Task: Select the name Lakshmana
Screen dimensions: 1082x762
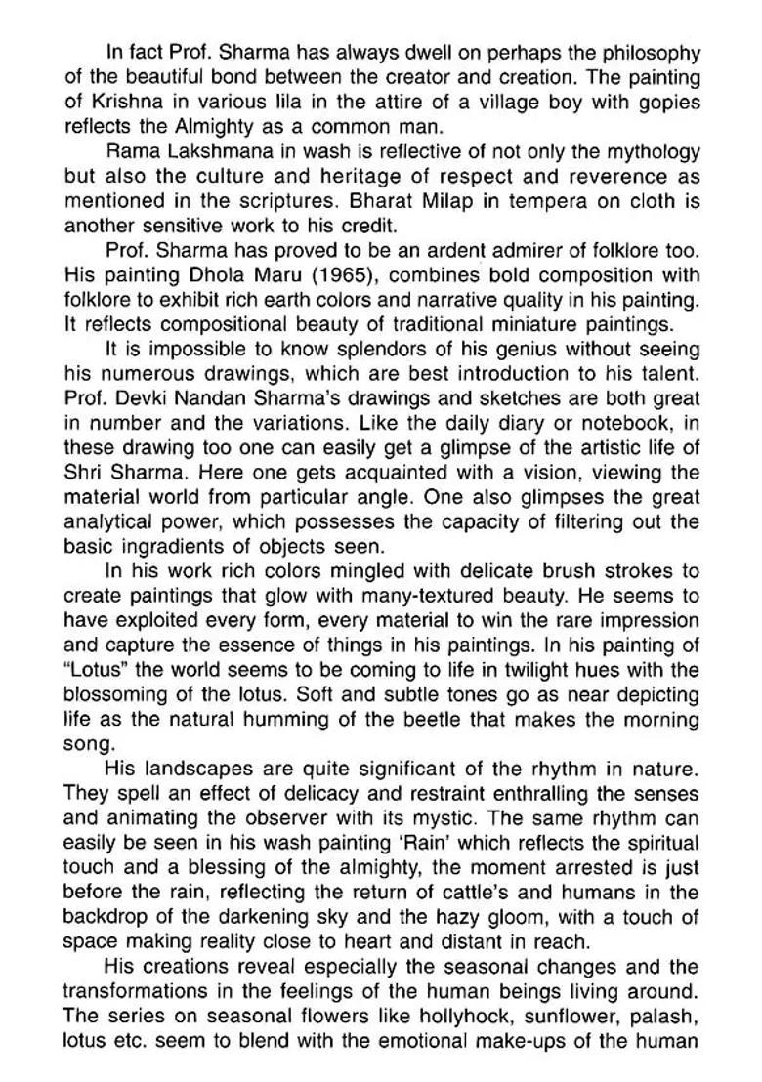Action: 212,152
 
